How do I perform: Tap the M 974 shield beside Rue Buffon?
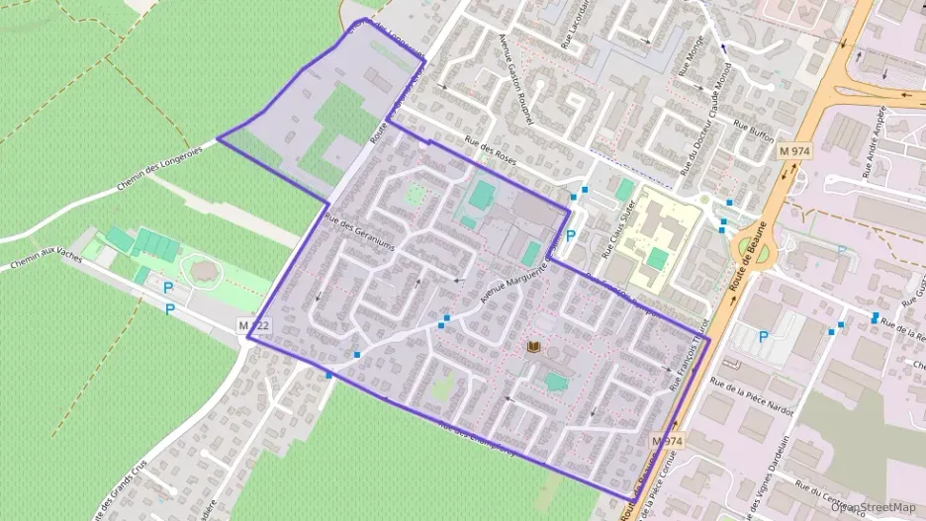(x=792, y=149)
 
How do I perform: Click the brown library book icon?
(x=535, y=348)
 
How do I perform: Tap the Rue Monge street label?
(x=690, y=57)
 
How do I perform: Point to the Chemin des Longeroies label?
(x=160, y=167)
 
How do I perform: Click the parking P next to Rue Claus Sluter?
(x=571, y=237)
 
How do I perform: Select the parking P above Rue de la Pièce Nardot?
(x=764, y=337)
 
